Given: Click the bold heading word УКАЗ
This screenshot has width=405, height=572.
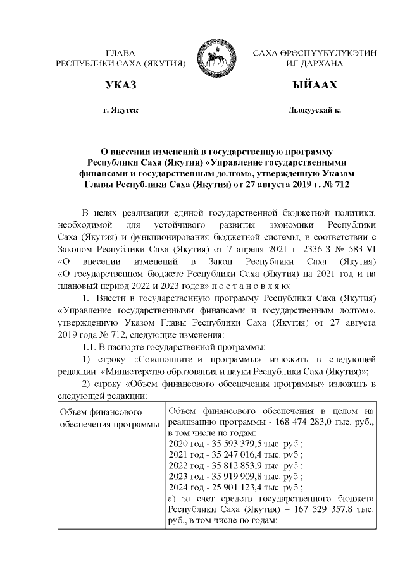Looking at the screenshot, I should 121,85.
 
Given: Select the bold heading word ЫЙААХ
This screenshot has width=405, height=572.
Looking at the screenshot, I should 315,85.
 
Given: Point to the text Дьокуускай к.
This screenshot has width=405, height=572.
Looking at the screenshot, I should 315,111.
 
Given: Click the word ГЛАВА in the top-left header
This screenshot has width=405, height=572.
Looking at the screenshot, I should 121,52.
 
